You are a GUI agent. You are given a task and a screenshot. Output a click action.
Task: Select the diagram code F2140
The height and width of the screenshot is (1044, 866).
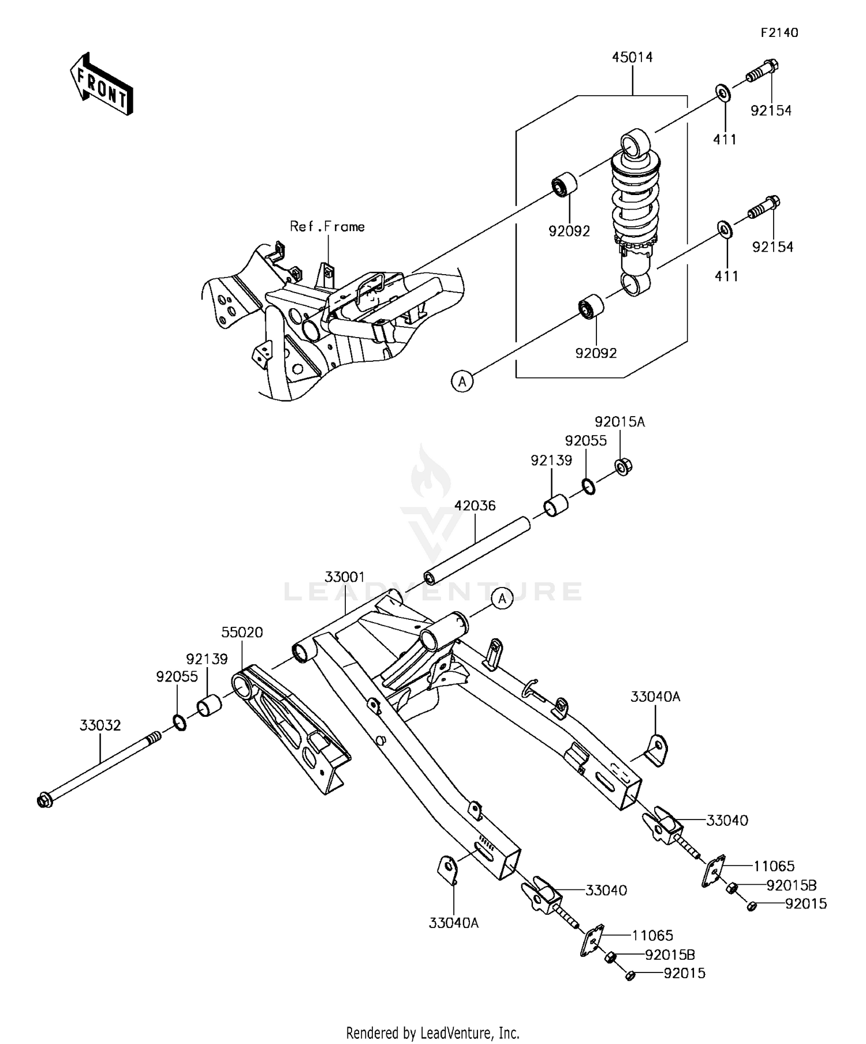click(778, 33)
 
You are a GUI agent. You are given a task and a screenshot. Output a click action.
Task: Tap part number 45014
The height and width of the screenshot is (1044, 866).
click(632, 58)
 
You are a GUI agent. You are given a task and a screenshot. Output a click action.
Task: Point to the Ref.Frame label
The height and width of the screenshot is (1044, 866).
click(327, 227)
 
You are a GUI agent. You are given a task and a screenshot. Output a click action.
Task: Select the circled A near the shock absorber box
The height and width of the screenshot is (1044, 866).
click(462, 381)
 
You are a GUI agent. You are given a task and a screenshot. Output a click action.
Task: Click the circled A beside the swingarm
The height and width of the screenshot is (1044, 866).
click(502, 599)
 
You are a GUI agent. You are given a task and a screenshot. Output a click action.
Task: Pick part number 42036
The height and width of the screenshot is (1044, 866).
click(475, 506)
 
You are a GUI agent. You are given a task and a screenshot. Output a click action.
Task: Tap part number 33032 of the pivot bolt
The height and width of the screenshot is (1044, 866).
click(100, 725)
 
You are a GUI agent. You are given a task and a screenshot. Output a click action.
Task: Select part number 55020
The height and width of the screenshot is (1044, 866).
click(242, 633)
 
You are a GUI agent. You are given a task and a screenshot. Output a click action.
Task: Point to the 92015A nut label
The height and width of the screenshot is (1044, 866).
click(619, 422)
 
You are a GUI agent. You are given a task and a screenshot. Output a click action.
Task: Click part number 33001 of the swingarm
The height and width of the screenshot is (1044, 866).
click(345, 577)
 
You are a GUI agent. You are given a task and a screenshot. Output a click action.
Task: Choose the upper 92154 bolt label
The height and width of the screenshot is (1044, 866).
click(771, 111)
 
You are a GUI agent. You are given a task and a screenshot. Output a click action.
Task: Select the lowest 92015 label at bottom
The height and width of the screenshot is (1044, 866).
click(684, 974)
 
